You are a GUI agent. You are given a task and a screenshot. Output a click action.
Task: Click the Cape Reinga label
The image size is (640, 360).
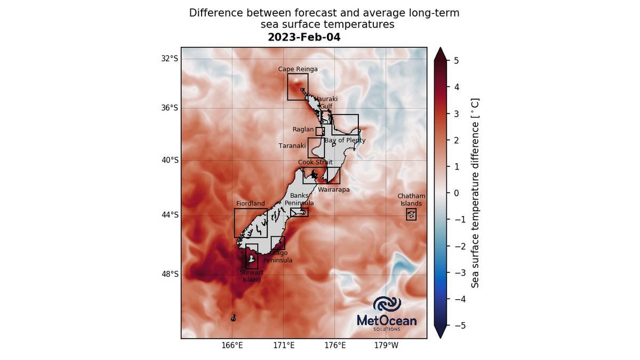coord(298,69)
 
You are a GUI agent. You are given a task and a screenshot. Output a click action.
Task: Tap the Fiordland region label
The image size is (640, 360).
coord(250,204)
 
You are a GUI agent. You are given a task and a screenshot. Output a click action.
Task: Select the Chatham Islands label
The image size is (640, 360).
coord(411,200)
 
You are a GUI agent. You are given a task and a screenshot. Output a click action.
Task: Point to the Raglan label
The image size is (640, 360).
coord(303,130)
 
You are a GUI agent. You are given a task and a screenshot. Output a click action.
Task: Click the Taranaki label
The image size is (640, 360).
coord(292,146)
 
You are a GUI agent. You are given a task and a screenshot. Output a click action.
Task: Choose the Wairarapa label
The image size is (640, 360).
coord(333,189)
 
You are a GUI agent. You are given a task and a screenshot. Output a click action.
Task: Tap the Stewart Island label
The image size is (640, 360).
coord(252,276)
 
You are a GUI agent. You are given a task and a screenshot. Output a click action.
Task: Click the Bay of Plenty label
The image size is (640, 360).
coord(345,140)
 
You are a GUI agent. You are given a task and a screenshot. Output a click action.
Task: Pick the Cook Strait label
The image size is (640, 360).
coord(315,162)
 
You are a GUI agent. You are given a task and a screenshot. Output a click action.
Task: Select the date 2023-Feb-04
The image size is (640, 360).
coord(304,37)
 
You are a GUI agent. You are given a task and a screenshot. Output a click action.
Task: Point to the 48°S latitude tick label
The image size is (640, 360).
coord(170,274)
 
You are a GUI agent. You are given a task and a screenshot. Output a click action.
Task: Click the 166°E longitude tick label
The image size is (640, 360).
coord(233,346)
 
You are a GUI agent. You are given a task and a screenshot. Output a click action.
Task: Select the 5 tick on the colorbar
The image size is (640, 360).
coord(456,60)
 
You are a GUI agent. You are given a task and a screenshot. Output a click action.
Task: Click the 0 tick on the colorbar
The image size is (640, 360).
coord(456,193)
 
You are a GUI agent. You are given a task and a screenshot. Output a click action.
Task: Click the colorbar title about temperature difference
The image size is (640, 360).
coord(475,193)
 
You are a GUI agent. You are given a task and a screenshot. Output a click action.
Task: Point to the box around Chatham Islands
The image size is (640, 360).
coord(411,214)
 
